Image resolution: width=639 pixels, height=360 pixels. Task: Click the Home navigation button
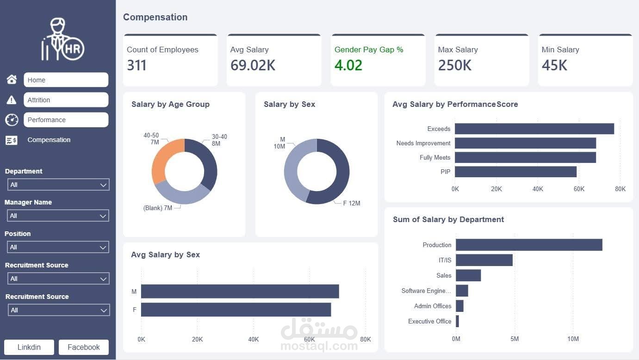(66, 80)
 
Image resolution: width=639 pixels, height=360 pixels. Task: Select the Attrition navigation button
(66, 99)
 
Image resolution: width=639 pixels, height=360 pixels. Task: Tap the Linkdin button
(29, 347)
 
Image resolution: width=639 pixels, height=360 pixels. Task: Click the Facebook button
(83, 347)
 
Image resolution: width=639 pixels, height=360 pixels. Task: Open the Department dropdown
(58, 185)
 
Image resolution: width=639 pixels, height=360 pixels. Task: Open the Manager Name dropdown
(58, 216)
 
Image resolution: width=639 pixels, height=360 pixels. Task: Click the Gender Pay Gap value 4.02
(348, 66)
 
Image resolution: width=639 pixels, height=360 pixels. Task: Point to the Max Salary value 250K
(454, 66)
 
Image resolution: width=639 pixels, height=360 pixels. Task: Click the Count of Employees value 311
(136, 66)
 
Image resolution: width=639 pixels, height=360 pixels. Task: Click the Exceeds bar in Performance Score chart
(534, 129)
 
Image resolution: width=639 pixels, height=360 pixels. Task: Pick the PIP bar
(515, 172)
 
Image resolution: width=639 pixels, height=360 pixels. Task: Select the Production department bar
(528, 245)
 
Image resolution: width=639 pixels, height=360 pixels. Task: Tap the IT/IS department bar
(484, 260)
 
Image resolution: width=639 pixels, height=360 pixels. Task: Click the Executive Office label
(429, 321)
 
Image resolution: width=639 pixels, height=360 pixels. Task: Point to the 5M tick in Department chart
(515, 339)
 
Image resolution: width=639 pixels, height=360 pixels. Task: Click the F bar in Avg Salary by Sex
(236, 310)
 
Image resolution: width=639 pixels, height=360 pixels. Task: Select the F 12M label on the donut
(351, 203)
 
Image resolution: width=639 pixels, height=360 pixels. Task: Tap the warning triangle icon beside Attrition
(12, 100)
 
